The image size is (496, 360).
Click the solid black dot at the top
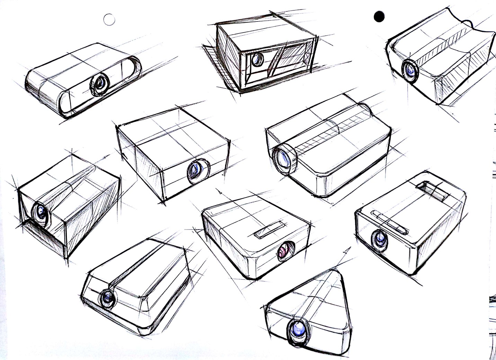pyautogui.click(x=379, y=16)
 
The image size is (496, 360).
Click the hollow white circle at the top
pyautogui.click(x=109, y=20)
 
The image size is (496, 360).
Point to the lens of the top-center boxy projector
pyautogui.click(x=257, y=60)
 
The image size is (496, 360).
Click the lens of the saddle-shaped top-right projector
pyautogui.click(x=410, y=71)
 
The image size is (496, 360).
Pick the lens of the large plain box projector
pyautogui.click(x=196, y=171)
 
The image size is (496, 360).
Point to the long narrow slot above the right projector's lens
pyautogui.click(x=389, y=222)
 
